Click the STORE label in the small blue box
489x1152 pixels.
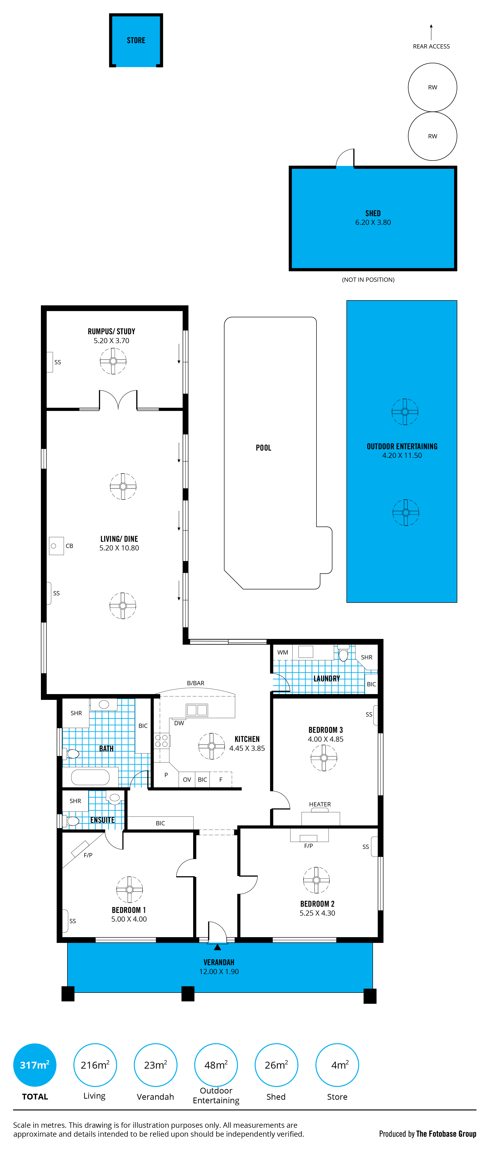click(x=136, y=40)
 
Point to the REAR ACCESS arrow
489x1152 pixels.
click(x=431, y=32)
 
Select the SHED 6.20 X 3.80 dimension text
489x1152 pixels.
click(x=373, y=222)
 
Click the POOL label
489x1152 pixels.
click(x=263, y=448)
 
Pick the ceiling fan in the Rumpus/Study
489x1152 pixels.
click(x=113, y=361)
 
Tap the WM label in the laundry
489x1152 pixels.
click(x=283, y=653)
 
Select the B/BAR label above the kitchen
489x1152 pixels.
click(x=195, y=683)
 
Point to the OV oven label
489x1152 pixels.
click(x=187, y=779)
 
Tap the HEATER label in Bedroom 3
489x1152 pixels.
click(x=320, y=804)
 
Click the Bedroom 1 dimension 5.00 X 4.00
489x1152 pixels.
click(x=129, y=919)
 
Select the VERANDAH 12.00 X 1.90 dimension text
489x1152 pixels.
click(x=219, y=971)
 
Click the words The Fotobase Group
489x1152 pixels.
click(x=446, y=1134)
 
